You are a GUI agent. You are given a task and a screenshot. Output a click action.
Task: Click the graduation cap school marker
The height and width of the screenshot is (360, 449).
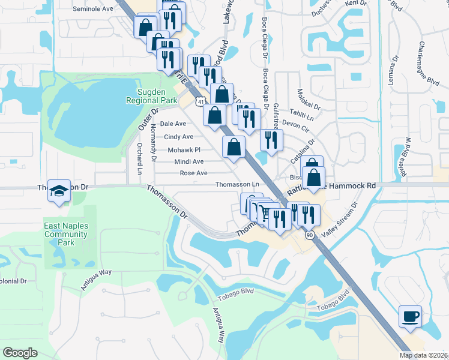click(x=59, y=191)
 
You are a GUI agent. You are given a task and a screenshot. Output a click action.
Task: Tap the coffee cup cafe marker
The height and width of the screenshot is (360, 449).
click(x=410, y=317)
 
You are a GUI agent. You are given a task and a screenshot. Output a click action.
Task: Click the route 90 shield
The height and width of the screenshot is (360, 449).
click(x=309, y=235)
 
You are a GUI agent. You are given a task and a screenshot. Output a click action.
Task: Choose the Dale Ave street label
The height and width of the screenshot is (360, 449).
click(x=173, y=124)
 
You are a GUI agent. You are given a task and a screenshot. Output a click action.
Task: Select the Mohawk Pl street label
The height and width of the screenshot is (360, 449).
click(x=183, y=149)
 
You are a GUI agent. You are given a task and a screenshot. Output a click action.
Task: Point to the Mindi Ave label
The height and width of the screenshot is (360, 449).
click(x=189, y=161)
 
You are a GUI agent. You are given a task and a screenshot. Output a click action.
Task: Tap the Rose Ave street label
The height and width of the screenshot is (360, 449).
click(x=193, y=173)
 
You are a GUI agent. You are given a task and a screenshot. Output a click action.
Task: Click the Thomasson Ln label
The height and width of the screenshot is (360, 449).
click(x=237, y=184)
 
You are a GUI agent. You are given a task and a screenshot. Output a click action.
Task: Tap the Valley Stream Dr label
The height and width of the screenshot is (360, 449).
click(x=339, y=222)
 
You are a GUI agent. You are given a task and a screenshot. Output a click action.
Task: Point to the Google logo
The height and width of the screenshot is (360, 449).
click(x=20, y=353)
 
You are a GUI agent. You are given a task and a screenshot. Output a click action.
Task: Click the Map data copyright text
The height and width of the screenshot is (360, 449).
click(x=424, y=355)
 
